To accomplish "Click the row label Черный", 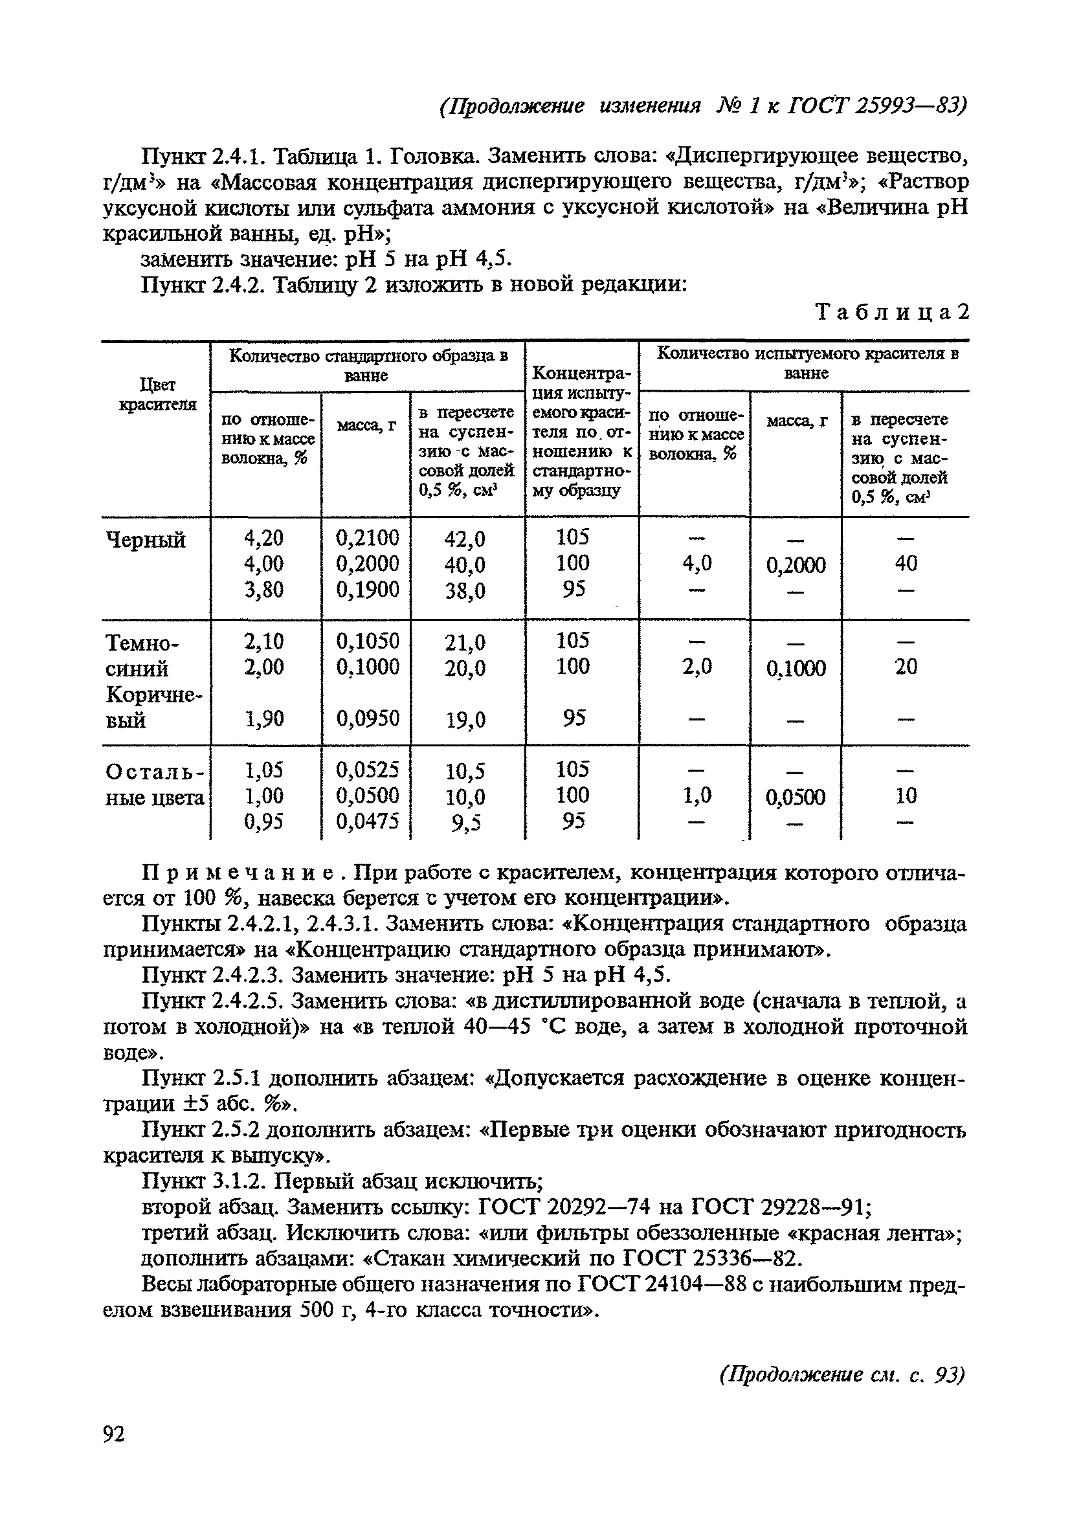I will coord(146,539).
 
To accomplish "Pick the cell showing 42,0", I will coord(465,538).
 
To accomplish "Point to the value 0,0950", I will coord(367,718).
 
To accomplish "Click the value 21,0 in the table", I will coord(465,642).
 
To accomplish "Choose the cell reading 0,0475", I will coord(367,823).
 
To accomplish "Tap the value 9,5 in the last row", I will coord(465,824).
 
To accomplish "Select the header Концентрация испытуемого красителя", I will coord(582,430).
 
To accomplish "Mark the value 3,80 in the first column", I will coord(263,589).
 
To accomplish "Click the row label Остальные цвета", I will coord(155,784).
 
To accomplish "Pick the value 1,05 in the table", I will coord(263,770).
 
